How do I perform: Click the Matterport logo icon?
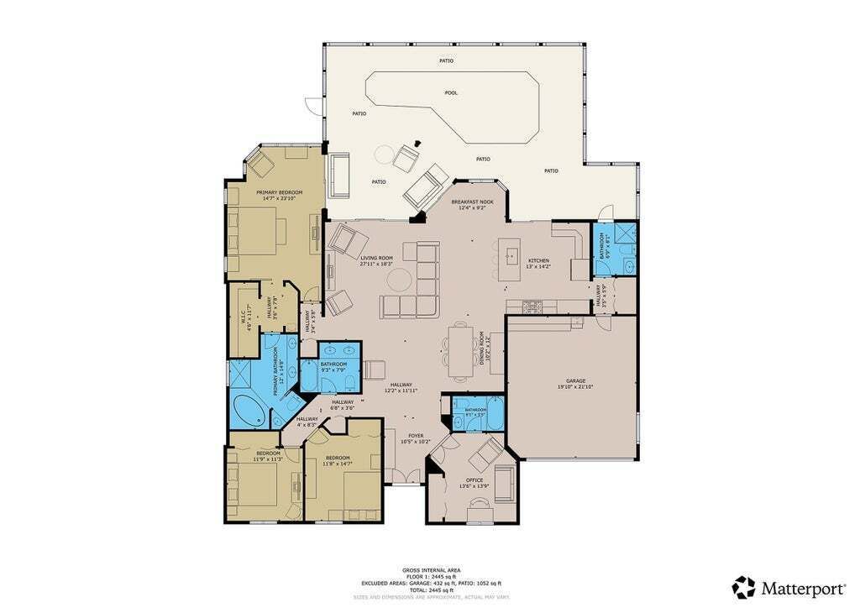click(x=743, y=586)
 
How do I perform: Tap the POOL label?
click(x=451, y=92)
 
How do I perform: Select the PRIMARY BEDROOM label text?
click(x=279, y=192)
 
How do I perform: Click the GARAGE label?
click(x=575, y=381)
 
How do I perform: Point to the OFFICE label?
click(x=475, y=480)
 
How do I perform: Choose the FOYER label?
click(x=416, y=436)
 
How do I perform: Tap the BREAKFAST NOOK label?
click(x=472, y=202)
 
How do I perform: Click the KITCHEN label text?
click(x=538, y=261)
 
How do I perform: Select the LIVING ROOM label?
click(x=377, y=259)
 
